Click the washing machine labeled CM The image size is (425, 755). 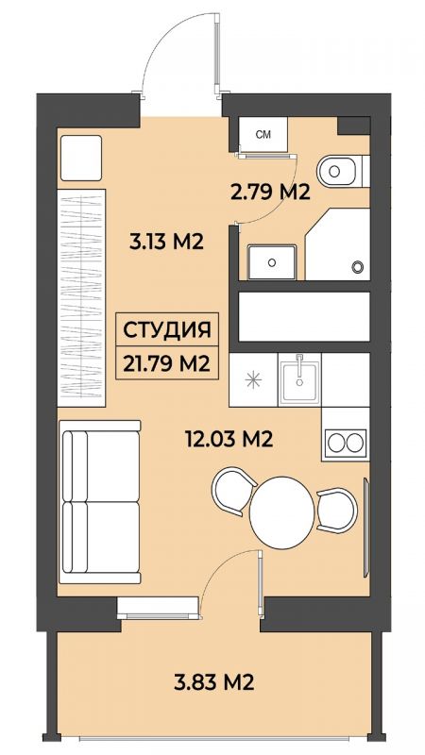pos(263,134)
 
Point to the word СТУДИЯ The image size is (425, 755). pos(167,330)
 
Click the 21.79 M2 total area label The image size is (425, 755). pos(167,363)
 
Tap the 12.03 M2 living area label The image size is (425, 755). pos(229,439)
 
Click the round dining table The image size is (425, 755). pos(281,512)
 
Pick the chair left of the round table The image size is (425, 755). pos(233,491)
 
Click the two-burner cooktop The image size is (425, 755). pos(347,443)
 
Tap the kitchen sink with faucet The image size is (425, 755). pos(299,379)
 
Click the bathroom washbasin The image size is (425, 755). pos(272,262)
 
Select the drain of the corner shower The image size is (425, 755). pos(357,266)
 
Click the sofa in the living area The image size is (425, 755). pos(100,502)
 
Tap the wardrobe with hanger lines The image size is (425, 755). pos(81,297)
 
